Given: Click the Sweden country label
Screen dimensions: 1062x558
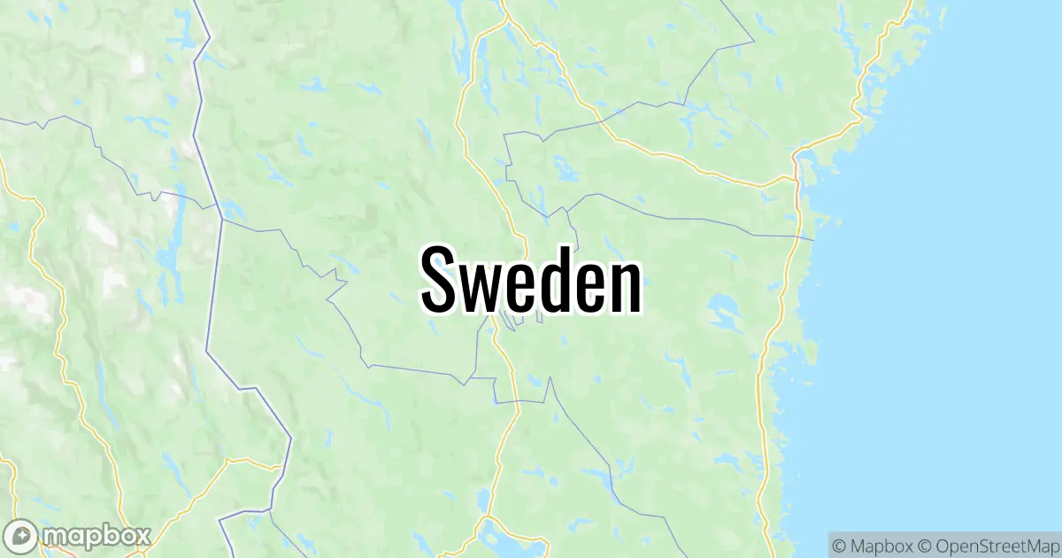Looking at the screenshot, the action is (x=531, y=279).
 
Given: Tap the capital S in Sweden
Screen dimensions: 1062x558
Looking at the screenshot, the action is (x=440, y=279).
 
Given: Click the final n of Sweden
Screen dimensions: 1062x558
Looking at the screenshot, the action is (x=625, y=285).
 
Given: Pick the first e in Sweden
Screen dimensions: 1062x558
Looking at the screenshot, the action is (x=521, y=285).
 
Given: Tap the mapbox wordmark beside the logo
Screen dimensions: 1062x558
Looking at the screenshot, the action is (x=97, y=535).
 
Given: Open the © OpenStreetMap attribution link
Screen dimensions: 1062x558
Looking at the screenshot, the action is (x=987, y=543).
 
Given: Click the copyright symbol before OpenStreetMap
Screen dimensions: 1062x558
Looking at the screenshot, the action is (x=924, y=543).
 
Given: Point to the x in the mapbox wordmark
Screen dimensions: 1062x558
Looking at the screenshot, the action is (x=142, y=535).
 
